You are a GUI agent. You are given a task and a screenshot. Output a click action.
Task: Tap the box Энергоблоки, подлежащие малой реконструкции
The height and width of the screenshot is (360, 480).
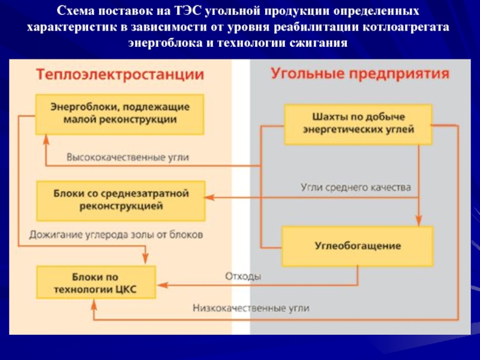[120, 113]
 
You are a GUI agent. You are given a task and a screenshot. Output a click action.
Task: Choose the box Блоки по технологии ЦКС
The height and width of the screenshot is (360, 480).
[96, 282]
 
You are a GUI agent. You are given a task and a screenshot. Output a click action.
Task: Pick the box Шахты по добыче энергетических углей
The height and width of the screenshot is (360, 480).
[358, 124]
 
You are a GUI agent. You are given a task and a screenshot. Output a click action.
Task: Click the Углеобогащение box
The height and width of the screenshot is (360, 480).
[358, 246]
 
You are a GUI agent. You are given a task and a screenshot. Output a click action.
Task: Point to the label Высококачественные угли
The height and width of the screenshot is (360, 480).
[127, 158]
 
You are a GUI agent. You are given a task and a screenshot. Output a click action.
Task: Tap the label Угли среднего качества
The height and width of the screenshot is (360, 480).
[355, 187]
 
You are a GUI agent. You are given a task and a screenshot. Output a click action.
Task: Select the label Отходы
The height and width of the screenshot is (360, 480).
[243, 277]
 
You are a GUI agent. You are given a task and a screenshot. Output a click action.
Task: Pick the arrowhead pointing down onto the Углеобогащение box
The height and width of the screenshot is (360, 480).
[418, 220]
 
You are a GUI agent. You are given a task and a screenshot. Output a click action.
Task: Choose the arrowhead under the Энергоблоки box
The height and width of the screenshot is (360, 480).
[46, 142]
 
